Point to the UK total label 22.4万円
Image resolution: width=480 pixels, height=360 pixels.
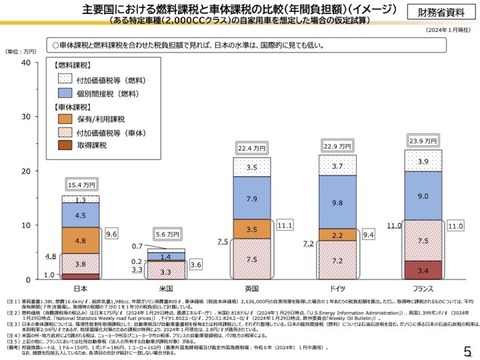coord(251,120)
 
